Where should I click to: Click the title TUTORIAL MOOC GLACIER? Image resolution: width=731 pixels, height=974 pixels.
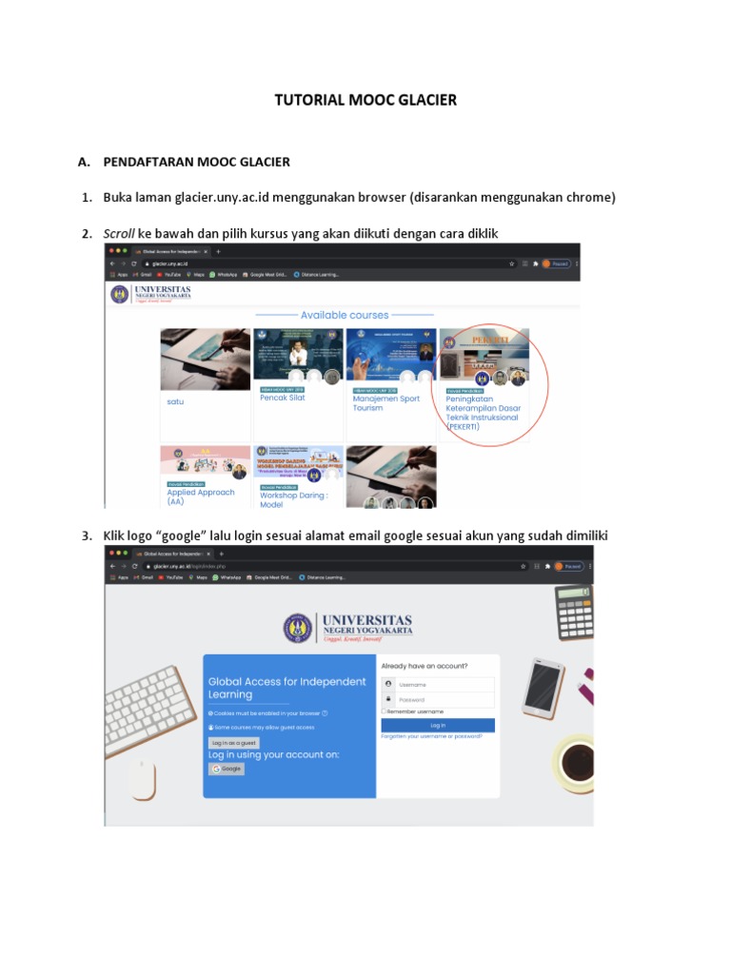click(365, 100)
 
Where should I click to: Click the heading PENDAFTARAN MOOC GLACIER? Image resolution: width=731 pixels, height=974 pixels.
click(196, 162)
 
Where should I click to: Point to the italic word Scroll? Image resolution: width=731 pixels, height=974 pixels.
click(119, 234)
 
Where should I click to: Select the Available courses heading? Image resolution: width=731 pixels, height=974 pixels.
click(345, 315)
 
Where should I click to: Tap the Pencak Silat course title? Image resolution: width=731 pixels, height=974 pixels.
click(283, 398)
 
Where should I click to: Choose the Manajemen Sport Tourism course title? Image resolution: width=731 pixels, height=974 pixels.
click(385, 403)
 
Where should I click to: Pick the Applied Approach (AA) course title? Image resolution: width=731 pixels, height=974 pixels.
click(201, 497)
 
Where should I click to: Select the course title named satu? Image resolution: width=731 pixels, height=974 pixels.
click(175, 401)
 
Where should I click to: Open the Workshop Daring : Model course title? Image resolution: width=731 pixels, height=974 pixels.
click(293, 499)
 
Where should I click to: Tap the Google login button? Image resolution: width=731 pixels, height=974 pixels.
click(227, 769)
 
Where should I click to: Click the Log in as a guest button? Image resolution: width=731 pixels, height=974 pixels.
click(233, 743)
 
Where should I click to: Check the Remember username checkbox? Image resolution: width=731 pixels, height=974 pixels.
click(384, 711)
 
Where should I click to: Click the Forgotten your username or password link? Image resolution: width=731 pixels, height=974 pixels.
click(431, 735)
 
